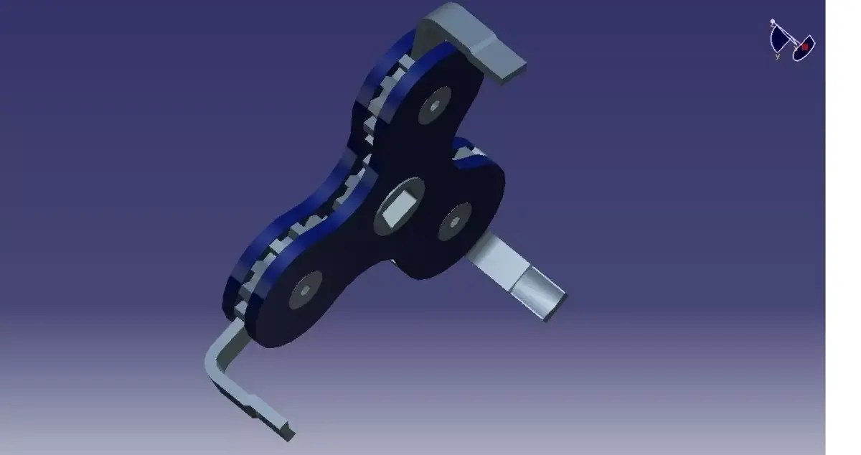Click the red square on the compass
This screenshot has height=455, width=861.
(x=804, y=46)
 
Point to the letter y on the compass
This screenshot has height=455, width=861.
(x=777, y=56)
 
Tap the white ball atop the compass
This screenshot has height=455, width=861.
(x=773, y=22)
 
